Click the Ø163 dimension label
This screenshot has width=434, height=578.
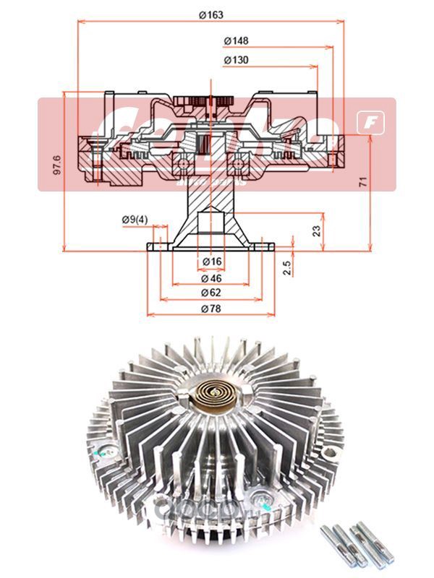point(210,14)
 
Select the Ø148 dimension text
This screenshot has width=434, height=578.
point(237,40)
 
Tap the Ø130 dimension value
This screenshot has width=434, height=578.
point(237,60)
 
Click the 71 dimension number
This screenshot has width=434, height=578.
point(382,181)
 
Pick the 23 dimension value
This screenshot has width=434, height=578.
point(316,231)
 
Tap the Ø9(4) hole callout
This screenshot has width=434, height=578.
point(135,219)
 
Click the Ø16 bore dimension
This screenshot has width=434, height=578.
point(211,261)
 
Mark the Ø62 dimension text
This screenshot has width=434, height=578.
point(211,293)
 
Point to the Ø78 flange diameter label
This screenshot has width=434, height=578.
point(211,309)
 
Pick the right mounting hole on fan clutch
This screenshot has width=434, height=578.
point(330,454)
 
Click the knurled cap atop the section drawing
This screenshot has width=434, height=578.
point(210,101)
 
